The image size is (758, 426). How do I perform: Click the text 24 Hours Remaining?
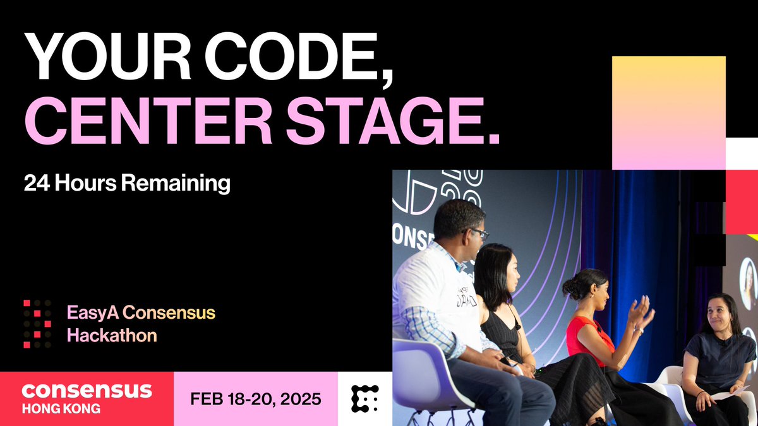(x=127, y=183)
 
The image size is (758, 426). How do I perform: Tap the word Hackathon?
(x=112, y=335)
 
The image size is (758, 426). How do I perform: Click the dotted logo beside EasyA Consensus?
(x=37, y=323)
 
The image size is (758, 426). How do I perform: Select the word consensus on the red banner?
(x=87, y=389)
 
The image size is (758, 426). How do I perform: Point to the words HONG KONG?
(x=61, y=408)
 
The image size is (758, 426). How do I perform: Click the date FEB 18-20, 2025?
(x=255, y=399)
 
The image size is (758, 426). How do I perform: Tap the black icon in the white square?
(x=364, y=399)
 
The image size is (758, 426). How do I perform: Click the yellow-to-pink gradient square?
(x=669, y=112)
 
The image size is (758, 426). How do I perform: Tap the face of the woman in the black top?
(x=511, y=271)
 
